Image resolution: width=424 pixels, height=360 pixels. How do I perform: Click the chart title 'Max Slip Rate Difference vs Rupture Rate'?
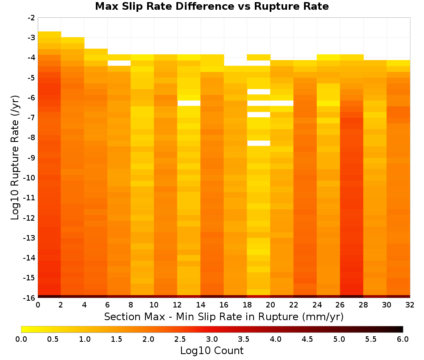coord(212,6)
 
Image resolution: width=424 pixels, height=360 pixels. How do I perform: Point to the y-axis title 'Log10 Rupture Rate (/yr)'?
coord(15,158)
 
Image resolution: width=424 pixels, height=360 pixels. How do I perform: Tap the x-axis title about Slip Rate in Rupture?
coord(223,316)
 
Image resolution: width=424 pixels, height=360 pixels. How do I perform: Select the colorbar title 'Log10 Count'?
coord(212,351)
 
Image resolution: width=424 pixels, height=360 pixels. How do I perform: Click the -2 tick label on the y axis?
coord(31,18)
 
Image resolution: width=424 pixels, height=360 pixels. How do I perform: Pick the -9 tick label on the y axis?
coord(31,158)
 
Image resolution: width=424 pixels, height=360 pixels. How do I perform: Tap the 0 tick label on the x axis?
coord(38,305)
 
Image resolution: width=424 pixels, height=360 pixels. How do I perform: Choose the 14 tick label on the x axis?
coord(201,305)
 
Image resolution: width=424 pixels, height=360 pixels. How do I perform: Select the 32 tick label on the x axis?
coord(410,305)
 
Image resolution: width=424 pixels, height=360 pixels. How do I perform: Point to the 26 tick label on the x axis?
coord(340,305)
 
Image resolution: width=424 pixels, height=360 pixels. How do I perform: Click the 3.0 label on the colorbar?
coord(212,339)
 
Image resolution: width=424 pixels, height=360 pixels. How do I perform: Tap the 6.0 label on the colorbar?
coord(403,339)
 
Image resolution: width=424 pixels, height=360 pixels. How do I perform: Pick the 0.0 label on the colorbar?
coord(21,339)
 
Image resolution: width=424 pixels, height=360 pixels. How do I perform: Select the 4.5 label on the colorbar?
coord(307,339)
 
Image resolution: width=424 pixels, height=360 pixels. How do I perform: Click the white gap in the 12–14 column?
coord(189,103)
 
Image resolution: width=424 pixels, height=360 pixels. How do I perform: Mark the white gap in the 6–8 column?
coord(119,63)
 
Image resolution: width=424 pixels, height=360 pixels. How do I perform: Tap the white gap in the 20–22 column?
coord(282,103)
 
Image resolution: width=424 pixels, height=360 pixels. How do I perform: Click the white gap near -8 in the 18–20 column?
coord(259,143)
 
